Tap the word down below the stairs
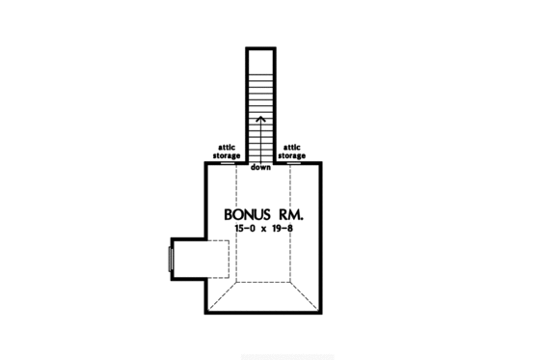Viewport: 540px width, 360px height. coord(260,168)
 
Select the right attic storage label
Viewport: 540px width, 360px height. coord(292,151)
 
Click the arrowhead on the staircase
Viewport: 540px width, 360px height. coord(260,118)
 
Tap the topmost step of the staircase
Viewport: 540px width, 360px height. coord(260,49)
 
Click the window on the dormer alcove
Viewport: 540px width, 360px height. coord(172,259)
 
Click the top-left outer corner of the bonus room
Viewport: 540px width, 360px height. coord(205,163)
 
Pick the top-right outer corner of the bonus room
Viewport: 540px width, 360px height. coord(319,163)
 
